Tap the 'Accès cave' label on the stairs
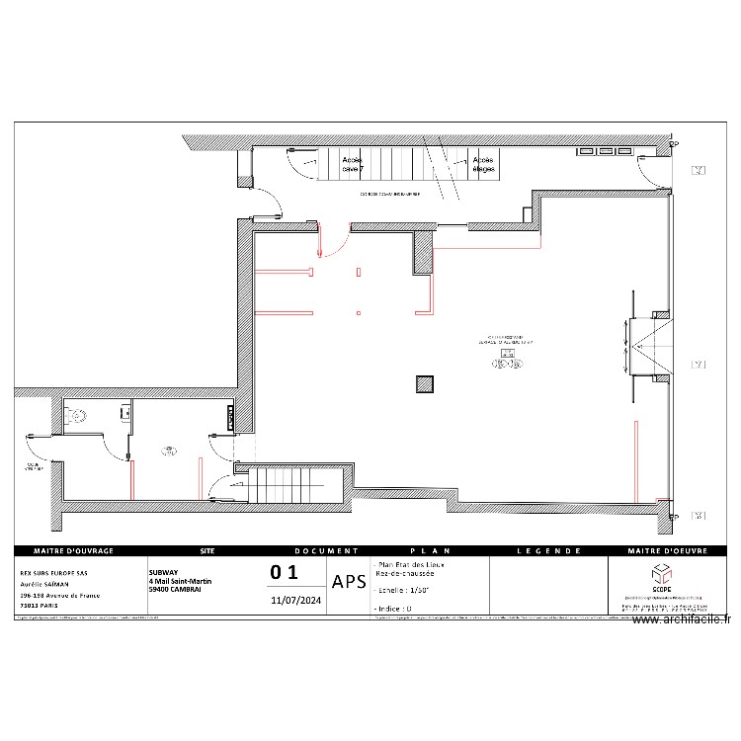pos(353,164)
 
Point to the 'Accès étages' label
pos(483,164)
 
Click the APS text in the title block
pos(349,582)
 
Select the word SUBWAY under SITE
pos(164,572)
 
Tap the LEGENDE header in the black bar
pos(547,550)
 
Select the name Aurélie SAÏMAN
pos(49,583)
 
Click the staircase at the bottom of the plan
pos(280,484)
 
